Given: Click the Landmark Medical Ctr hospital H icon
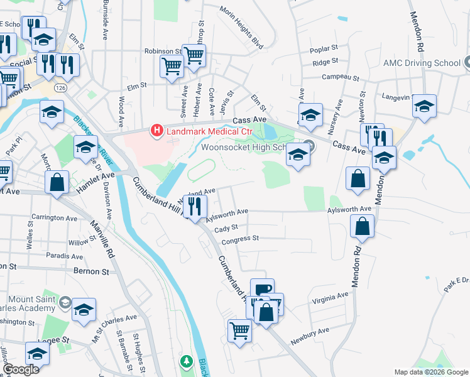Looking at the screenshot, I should (156, 131).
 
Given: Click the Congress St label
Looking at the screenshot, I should (240, 239).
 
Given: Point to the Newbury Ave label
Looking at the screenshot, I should (310, 336).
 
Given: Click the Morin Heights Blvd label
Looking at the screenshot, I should (241, 27).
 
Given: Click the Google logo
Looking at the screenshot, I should (21, 369).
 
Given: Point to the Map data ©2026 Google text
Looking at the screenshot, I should (431, 372).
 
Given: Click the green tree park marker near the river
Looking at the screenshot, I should (186, 362).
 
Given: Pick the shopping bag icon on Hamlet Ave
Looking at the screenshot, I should (57, 183).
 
